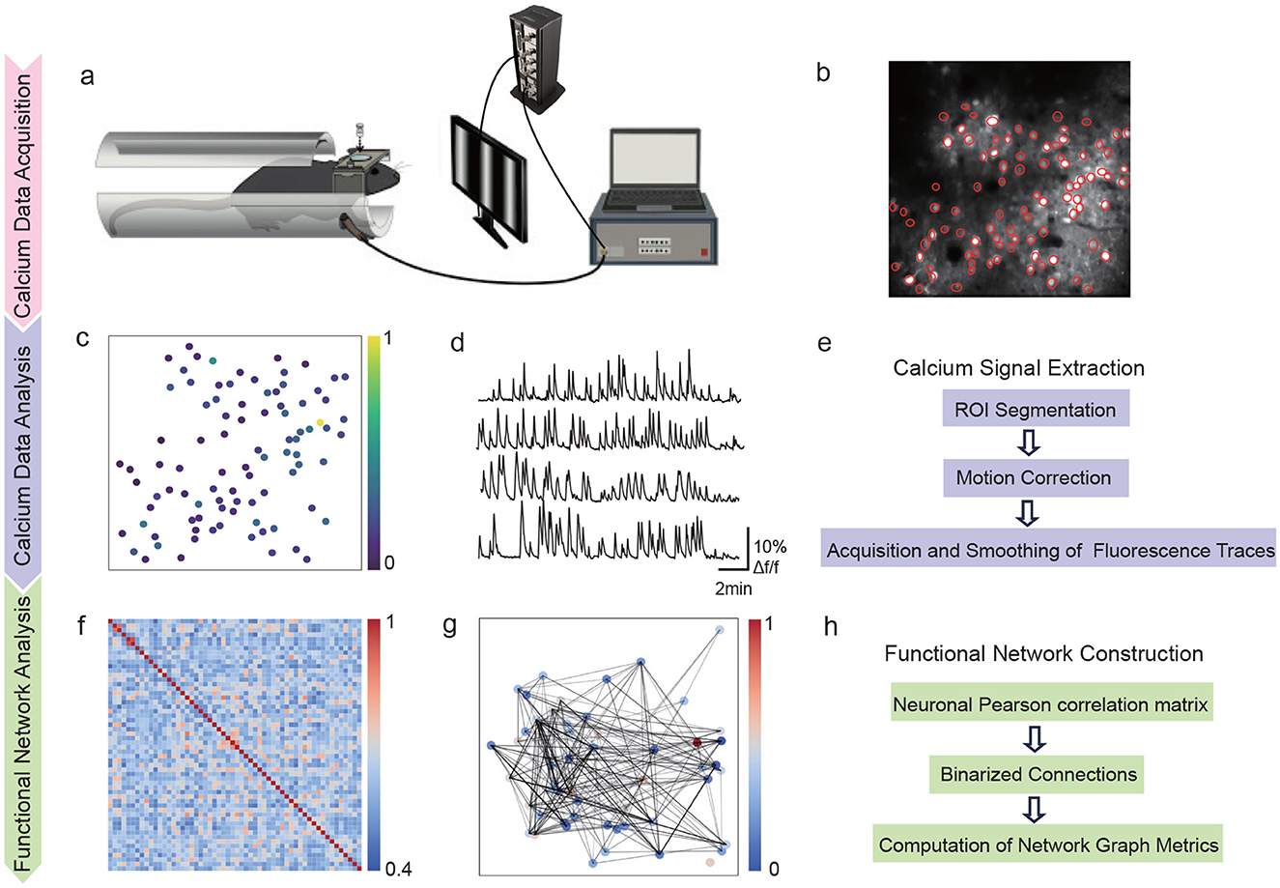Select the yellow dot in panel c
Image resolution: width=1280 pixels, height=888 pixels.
click(320, 422)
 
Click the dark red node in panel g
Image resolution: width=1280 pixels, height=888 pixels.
click(697, 743)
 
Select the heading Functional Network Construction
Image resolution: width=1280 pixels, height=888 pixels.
click(1044, 654)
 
